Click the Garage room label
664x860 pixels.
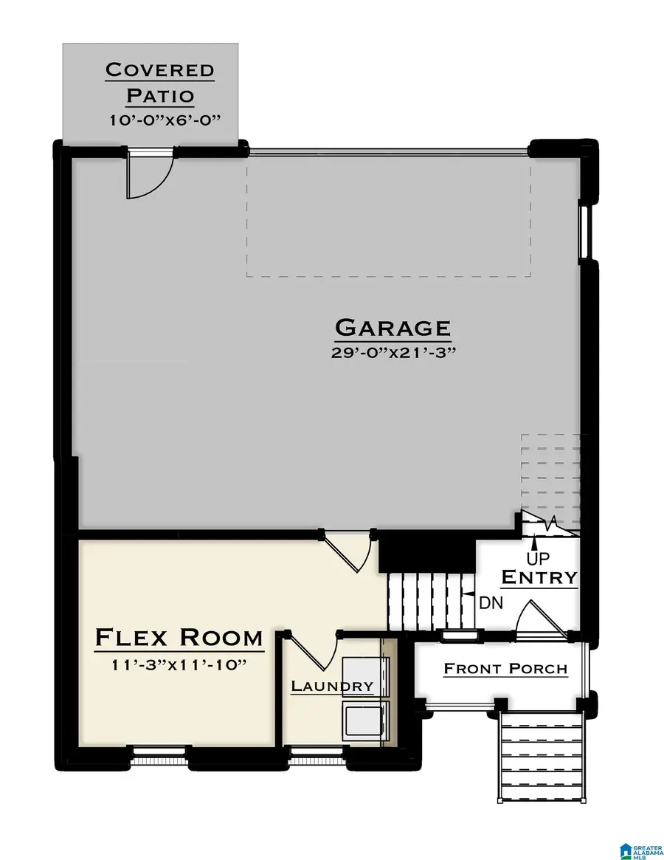coord(392,327)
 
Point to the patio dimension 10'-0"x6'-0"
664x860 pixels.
coord(160,120)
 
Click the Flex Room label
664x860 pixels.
coord(179,637)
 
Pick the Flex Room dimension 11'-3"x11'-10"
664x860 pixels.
coord(179,665)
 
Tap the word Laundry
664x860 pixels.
coord(332,686)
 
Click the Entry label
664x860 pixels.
coord(539,577)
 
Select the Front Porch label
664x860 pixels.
coord(505,669)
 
